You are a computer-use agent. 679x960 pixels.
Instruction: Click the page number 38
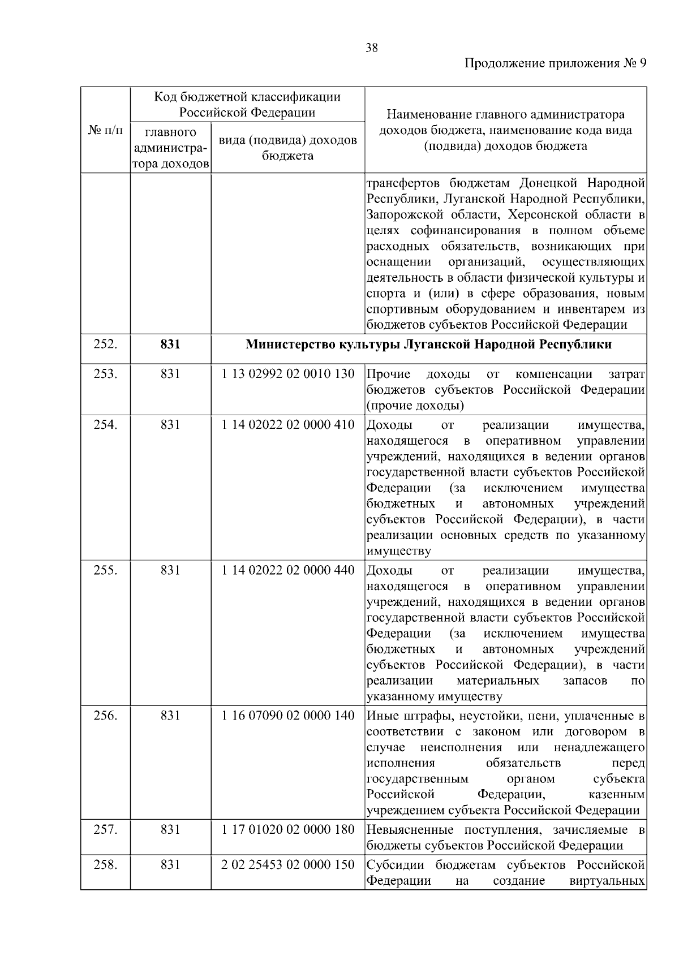(372, 48)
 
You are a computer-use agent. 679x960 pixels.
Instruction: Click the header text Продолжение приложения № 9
(555, 63)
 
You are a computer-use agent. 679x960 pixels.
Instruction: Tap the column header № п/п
(105, 130)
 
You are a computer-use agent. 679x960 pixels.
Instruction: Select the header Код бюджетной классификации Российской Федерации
(247, 104)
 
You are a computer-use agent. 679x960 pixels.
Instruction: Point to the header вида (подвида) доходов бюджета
(287, 148)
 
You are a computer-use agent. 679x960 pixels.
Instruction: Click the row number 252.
(105, 344)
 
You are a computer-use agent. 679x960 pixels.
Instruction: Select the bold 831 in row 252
(170, 344)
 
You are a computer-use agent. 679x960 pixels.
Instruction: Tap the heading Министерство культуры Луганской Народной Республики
(428, 345)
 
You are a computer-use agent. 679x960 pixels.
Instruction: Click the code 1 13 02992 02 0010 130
(288, 374)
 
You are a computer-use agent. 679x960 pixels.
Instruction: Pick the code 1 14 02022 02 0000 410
(288, 425)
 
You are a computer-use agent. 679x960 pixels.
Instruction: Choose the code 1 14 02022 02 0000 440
(288, 570)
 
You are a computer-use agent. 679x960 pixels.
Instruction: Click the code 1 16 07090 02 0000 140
(288, 716)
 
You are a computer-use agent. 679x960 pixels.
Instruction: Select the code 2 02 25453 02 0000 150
(288, 865)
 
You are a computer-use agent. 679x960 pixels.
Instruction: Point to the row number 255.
(105, 570)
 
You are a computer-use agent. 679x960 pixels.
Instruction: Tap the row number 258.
(105, 865)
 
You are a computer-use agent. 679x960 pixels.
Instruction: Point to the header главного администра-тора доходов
(170, 148)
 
